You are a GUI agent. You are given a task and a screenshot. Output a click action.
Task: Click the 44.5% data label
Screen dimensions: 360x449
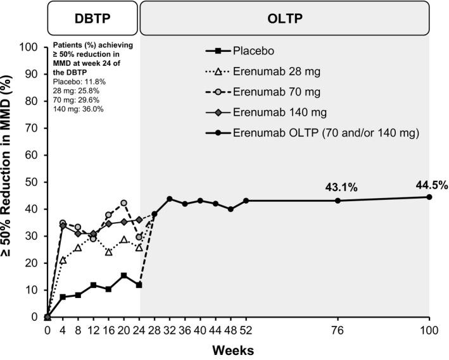pos(432,185)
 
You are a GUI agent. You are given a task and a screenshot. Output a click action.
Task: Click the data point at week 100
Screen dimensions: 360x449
pos(429,197)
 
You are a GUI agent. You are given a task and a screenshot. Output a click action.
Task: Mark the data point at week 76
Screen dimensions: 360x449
pos(338,201)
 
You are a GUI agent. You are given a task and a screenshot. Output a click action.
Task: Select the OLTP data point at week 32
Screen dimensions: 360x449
pos(170,199)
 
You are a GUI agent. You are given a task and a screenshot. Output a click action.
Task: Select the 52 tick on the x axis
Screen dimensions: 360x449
pos(246,330)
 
